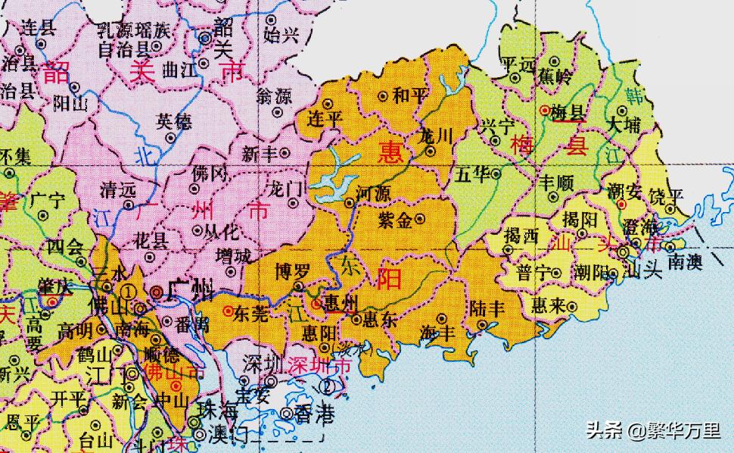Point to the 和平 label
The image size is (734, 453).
pyautogui.click(x=412, y=95)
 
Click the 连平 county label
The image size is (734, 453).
pyautogui.click(x=326, y=119)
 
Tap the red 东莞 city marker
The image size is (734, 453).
pyautogui.click(x=228, y=311)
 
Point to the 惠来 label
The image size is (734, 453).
pyautogui.click(x=548, y=305)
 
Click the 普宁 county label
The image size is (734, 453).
pyautogui.click(x=533, y=273)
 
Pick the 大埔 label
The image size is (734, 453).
pyautogui.click(x=625, y=124)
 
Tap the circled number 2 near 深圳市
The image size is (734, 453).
pyautogui.click(x=327, y=386)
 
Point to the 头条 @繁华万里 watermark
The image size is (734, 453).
pyautogui.click(x=654, y=431)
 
